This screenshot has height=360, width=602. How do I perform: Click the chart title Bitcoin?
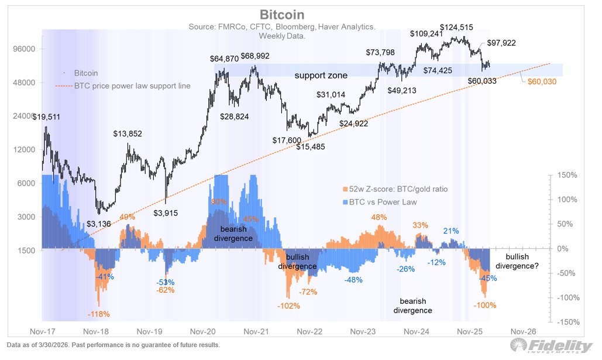click(283, 14)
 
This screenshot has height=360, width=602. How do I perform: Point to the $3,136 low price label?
click(104, 223)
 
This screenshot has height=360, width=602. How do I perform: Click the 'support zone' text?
click(321, 76)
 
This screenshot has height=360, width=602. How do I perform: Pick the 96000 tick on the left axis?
click(25, 49)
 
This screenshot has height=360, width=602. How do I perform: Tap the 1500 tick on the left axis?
click(26, 251)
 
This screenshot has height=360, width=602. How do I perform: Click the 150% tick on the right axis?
click(567, 175)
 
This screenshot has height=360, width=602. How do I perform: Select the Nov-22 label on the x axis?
click(309, 331)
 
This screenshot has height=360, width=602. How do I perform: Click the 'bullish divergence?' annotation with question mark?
click(517, 261)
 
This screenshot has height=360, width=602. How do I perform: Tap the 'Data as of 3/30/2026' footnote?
click(112, 345)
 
